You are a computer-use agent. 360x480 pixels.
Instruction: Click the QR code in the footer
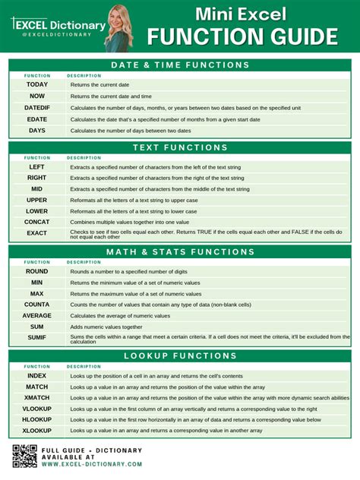[25, 456]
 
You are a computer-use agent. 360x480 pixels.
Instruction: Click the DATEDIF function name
[37, 108]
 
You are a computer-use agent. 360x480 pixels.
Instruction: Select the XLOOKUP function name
[37, 431]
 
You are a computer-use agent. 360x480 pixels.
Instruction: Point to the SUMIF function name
[37, 337]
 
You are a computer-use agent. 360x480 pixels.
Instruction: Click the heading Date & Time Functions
[180, 65]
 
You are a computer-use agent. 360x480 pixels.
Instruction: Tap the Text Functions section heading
[180, 147]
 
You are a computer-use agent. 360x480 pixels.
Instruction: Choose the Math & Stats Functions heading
[180, 252]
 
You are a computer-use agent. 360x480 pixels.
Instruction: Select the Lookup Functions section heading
[180, 356]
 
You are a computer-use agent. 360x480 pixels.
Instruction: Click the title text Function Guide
[243, 36]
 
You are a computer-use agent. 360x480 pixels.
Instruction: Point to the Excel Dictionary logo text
[58, 26]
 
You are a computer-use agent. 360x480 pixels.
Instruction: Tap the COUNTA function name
[37, 304]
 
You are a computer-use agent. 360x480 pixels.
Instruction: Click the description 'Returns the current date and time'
[111, 96]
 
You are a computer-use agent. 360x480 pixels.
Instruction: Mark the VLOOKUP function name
[37, 409]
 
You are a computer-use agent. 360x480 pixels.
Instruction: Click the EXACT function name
[37, 233]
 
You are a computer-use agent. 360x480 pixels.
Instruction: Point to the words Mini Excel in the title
[242, 14]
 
